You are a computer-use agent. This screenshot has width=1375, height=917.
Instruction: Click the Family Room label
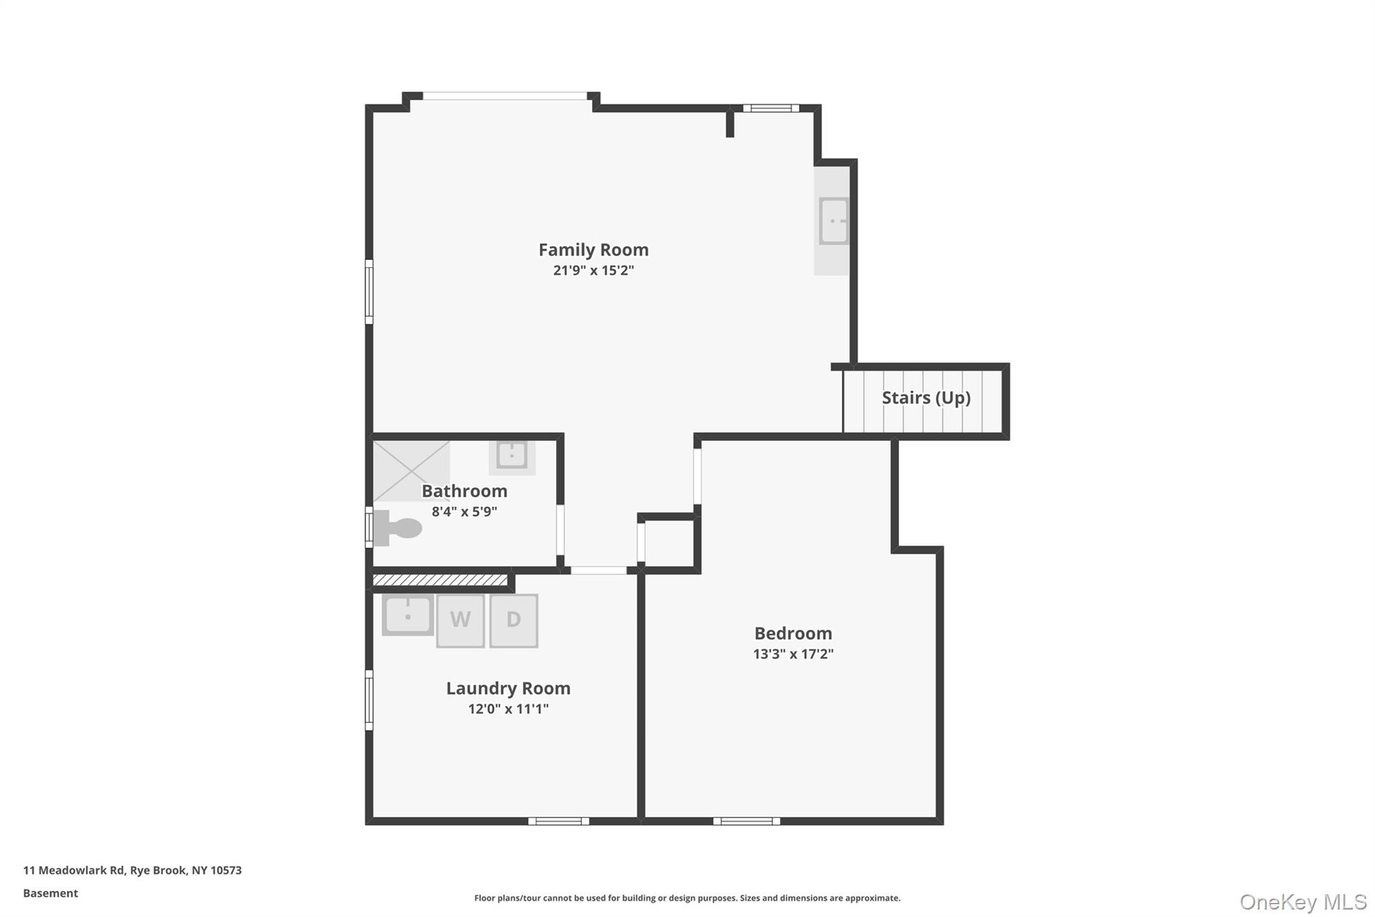(594, 250)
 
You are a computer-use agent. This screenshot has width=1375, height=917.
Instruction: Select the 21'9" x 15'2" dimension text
(594, 271)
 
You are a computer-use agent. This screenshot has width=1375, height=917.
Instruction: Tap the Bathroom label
(465, 491)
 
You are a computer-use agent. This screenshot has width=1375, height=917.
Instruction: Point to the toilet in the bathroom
(397, 528)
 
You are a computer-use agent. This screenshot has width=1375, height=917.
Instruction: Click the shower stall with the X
(411, 470)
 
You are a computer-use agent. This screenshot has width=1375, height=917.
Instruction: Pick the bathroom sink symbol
(512, 455)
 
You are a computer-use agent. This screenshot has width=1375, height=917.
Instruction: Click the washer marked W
(461, 620)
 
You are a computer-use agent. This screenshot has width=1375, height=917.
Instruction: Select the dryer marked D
(514, 620)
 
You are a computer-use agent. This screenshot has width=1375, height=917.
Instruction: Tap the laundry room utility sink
(408, 615)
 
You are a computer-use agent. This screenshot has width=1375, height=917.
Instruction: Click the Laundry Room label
(508, 689)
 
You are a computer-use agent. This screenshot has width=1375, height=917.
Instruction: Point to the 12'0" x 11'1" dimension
(508, 709)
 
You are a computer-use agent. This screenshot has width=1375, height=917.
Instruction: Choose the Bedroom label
(793, 634)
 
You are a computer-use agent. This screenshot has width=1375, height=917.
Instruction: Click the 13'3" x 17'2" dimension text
(793, 654)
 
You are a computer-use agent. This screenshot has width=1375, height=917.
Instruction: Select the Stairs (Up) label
(926, 398)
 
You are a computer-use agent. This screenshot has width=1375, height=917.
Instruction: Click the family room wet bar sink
(833, 221)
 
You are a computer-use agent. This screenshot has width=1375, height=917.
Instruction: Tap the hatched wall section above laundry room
(440, 580)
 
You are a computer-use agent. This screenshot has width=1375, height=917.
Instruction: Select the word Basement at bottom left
(50, 893)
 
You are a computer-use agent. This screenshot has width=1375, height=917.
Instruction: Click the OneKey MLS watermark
(1302, 902)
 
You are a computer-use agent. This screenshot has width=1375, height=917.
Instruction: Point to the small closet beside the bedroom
(669, 543)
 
